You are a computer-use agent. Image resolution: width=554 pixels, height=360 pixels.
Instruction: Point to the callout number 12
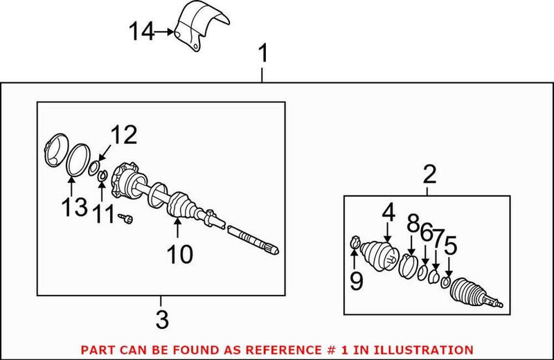click(x=125, y=134)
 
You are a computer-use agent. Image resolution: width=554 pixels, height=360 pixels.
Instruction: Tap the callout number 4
click(x=388, y=213)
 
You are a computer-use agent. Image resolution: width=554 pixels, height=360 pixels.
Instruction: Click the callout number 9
click(x=356, y=280)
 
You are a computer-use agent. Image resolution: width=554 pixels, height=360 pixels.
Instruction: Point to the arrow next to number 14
click(x=163, y=32)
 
